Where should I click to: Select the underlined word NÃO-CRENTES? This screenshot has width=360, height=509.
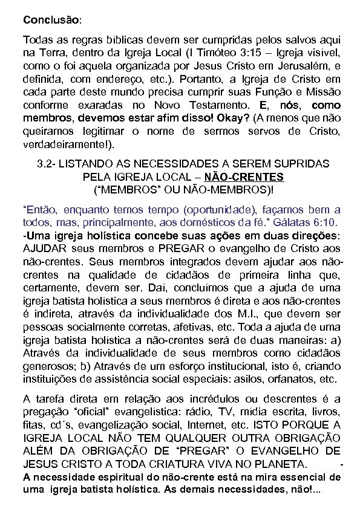click(244, 178)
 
